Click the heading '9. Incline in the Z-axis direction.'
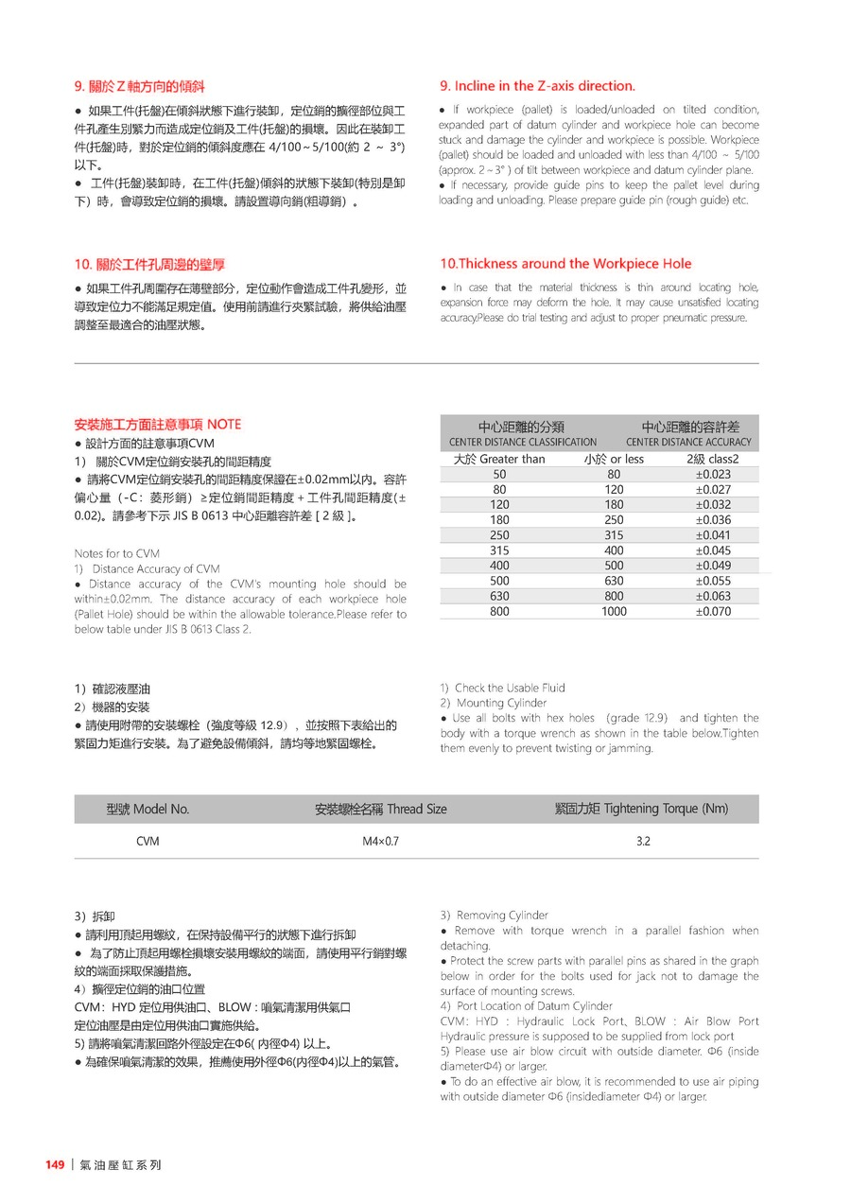pos(537,86)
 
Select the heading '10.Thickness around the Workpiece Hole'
pos(565,264)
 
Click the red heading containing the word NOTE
pos(157,425)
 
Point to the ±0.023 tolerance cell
pos(713,475)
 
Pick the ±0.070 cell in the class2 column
pos(713,612)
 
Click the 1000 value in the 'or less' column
pos(614,612)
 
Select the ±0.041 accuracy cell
pos(713,535)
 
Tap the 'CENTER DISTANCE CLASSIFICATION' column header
pos(522,442)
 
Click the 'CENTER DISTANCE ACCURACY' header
pos(687,442)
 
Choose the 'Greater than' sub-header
pos(499,460)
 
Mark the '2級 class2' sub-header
pos(713,460)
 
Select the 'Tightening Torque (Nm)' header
pos(641,809)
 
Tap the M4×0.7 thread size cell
pos(380,841)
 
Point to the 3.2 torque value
pos(642,841)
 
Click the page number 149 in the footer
pos(55,1165)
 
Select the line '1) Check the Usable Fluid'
pos(502,688)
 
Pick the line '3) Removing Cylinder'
pos(494,916)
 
